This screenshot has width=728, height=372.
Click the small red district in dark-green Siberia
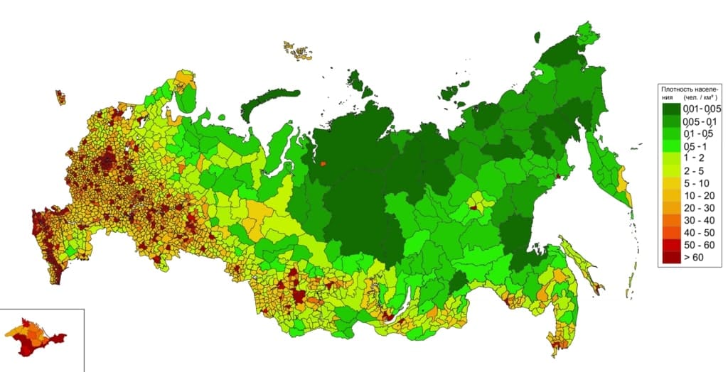pyautogui.click(x=323, y=165)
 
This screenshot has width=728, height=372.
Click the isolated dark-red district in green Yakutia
pyautogui.click(x=473, y=208)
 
